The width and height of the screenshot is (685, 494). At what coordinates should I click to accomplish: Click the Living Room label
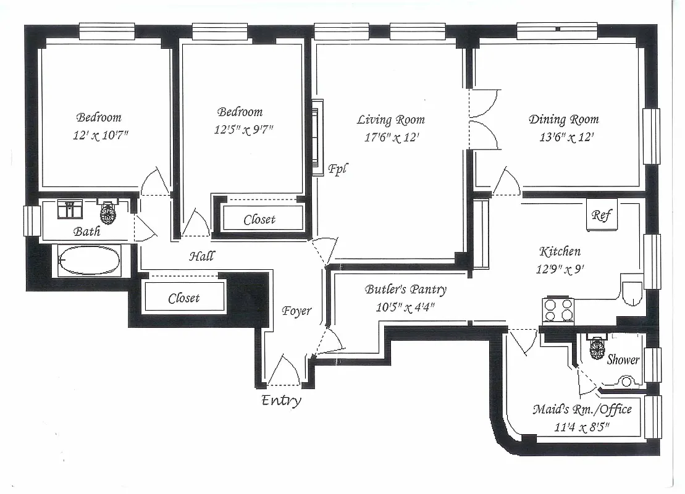pyautogui.click(x=390, y=120)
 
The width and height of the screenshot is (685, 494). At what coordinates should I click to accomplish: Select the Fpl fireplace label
pyautogui.click(x=337, y=168)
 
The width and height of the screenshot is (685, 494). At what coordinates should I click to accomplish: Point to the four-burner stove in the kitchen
pyautogui.click(x=558, y=310)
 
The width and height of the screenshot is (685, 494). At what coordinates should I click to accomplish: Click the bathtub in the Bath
pyautogui.click(x=89, y=261)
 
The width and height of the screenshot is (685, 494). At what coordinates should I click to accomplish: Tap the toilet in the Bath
pyautogui.click(x=109, y=213)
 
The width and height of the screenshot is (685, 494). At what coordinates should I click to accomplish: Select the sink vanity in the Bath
pyautogui.click(x=70, y=210)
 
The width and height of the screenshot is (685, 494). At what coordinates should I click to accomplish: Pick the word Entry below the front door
pyautogui.click(x=282, y=400)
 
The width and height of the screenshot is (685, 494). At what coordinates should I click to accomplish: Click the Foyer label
pyautogui.click(x=296, y=311)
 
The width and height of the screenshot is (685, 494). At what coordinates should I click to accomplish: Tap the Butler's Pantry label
pyautogui.click(x=405, y=289)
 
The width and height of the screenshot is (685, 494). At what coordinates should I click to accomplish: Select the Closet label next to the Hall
pyautogui.click(x=184, y=298)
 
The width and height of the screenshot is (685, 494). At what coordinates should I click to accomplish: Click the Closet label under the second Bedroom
pyautogui.click(x=259, y=219)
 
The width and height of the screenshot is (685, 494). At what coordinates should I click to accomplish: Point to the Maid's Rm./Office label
pyautogui.click(x=582, y=409)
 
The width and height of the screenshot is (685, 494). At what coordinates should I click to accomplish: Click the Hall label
pyautogui.click(x=202, y=255)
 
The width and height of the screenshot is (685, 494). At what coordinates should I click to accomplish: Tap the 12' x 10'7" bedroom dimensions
pyautogui.click(x=99, y=135)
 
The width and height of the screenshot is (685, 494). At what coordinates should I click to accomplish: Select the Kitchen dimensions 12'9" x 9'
pyautogui.click(x=560, y=269)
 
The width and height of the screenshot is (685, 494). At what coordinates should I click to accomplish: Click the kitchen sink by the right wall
pyautogui.click(x=632, y=294)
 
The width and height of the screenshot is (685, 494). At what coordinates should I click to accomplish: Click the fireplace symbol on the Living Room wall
pyautogui.click(x=317, y=137)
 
